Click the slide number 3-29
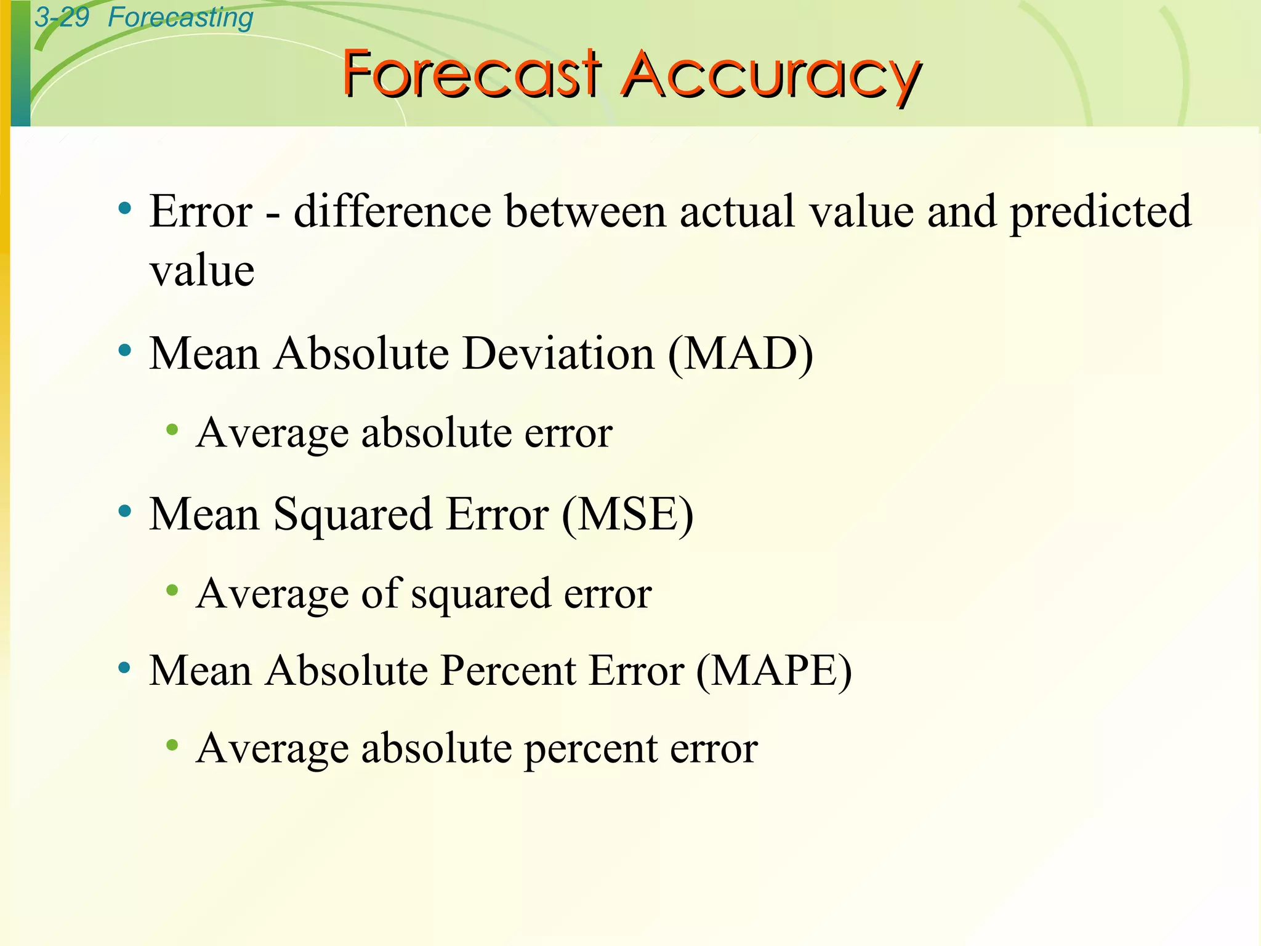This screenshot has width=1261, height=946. coord(62,17)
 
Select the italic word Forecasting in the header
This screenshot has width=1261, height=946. coord(180,18)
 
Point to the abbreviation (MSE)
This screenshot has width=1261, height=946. coord(627,514)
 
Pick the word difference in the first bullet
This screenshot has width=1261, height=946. coord(392,212)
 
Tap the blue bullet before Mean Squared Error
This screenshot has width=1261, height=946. coord(125,511)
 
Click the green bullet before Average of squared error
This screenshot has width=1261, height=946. coord(172,591)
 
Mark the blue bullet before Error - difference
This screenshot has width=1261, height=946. coord(125,208)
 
